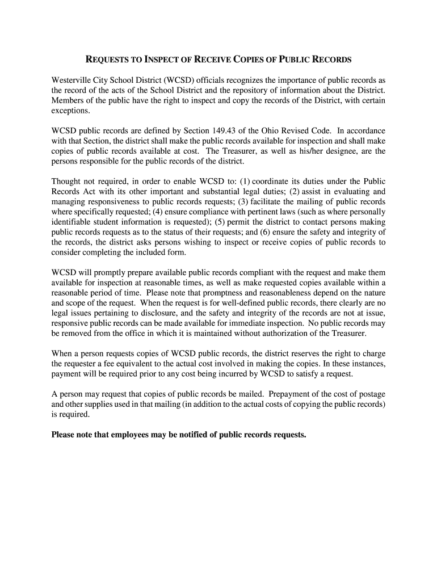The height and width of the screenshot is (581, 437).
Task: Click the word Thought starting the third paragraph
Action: click(x=67, y=182)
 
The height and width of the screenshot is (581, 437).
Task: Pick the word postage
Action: click(x=371, y=394)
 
